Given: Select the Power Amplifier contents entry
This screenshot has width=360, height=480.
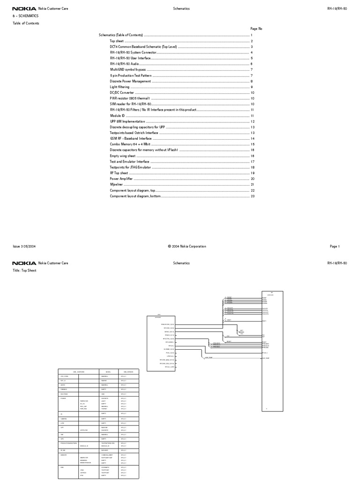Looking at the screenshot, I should tap(121, 179).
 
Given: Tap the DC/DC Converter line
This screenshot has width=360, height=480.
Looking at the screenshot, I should tap(121, 93).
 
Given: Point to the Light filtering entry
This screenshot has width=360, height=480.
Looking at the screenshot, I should tap(120, 87).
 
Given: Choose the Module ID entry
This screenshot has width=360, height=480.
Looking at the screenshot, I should tap(118, 116).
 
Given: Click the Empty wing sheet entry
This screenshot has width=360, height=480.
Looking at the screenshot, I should tap(123, 156).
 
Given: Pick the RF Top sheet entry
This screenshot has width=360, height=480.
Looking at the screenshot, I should tap(119, 173).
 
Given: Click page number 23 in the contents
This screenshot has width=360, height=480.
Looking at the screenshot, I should tap(252, 196).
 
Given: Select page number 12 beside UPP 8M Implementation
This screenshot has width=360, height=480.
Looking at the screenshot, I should tap(252, 121).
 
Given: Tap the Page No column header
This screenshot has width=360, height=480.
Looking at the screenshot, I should tap(256, 29).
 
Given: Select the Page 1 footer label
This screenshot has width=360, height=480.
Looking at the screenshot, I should tap(335, 247).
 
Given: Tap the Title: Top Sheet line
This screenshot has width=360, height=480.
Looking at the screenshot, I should tap(24, 271).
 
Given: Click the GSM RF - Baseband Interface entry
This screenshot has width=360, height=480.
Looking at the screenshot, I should tap(131, 139).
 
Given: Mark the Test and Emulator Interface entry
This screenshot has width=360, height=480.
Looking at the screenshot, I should tap(130, 162).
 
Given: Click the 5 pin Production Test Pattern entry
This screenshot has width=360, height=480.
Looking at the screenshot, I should tap(130, 75).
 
